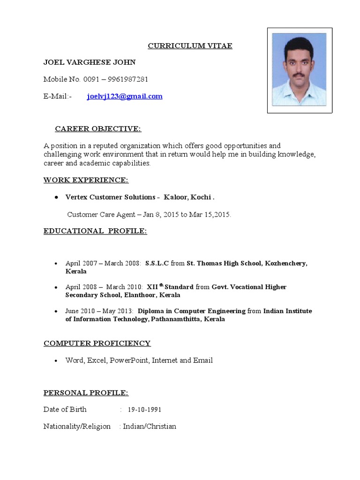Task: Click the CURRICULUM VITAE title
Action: click(190, 45)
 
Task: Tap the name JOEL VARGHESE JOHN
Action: click(90, 62)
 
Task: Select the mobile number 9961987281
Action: click(126, 79)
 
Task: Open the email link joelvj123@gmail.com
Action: click(125, 97)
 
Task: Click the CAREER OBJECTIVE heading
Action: click(98, 129)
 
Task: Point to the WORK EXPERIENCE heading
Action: click(86, 180)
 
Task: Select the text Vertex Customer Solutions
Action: click(109, 197)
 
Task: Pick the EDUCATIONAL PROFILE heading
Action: click(95, 231)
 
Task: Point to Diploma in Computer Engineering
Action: click(191, 311)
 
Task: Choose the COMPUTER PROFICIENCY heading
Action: click(97, 343)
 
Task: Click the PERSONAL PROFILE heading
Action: click(86, 393)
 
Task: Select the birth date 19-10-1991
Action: click(144, 410)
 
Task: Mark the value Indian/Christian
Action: click(150, 427)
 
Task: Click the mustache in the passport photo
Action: click(298, 74)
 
